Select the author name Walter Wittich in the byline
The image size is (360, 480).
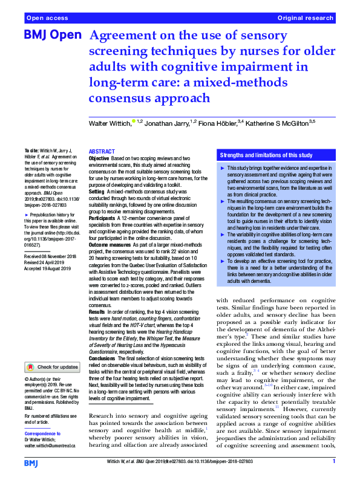pyautogui.click(x=110, y=123)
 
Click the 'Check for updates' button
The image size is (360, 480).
pyautogui.click(x=52, y=367)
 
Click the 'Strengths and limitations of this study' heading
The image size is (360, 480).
pyautogui.click(x=264, y=155)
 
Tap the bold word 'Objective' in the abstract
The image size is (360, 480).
pyautogui.click(x=99, y=158)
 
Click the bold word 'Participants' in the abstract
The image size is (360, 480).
pyautogui.click(x=103, y=216)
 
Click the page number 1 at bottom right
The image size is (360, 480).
pyautogui.click(x=334, y=462)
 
